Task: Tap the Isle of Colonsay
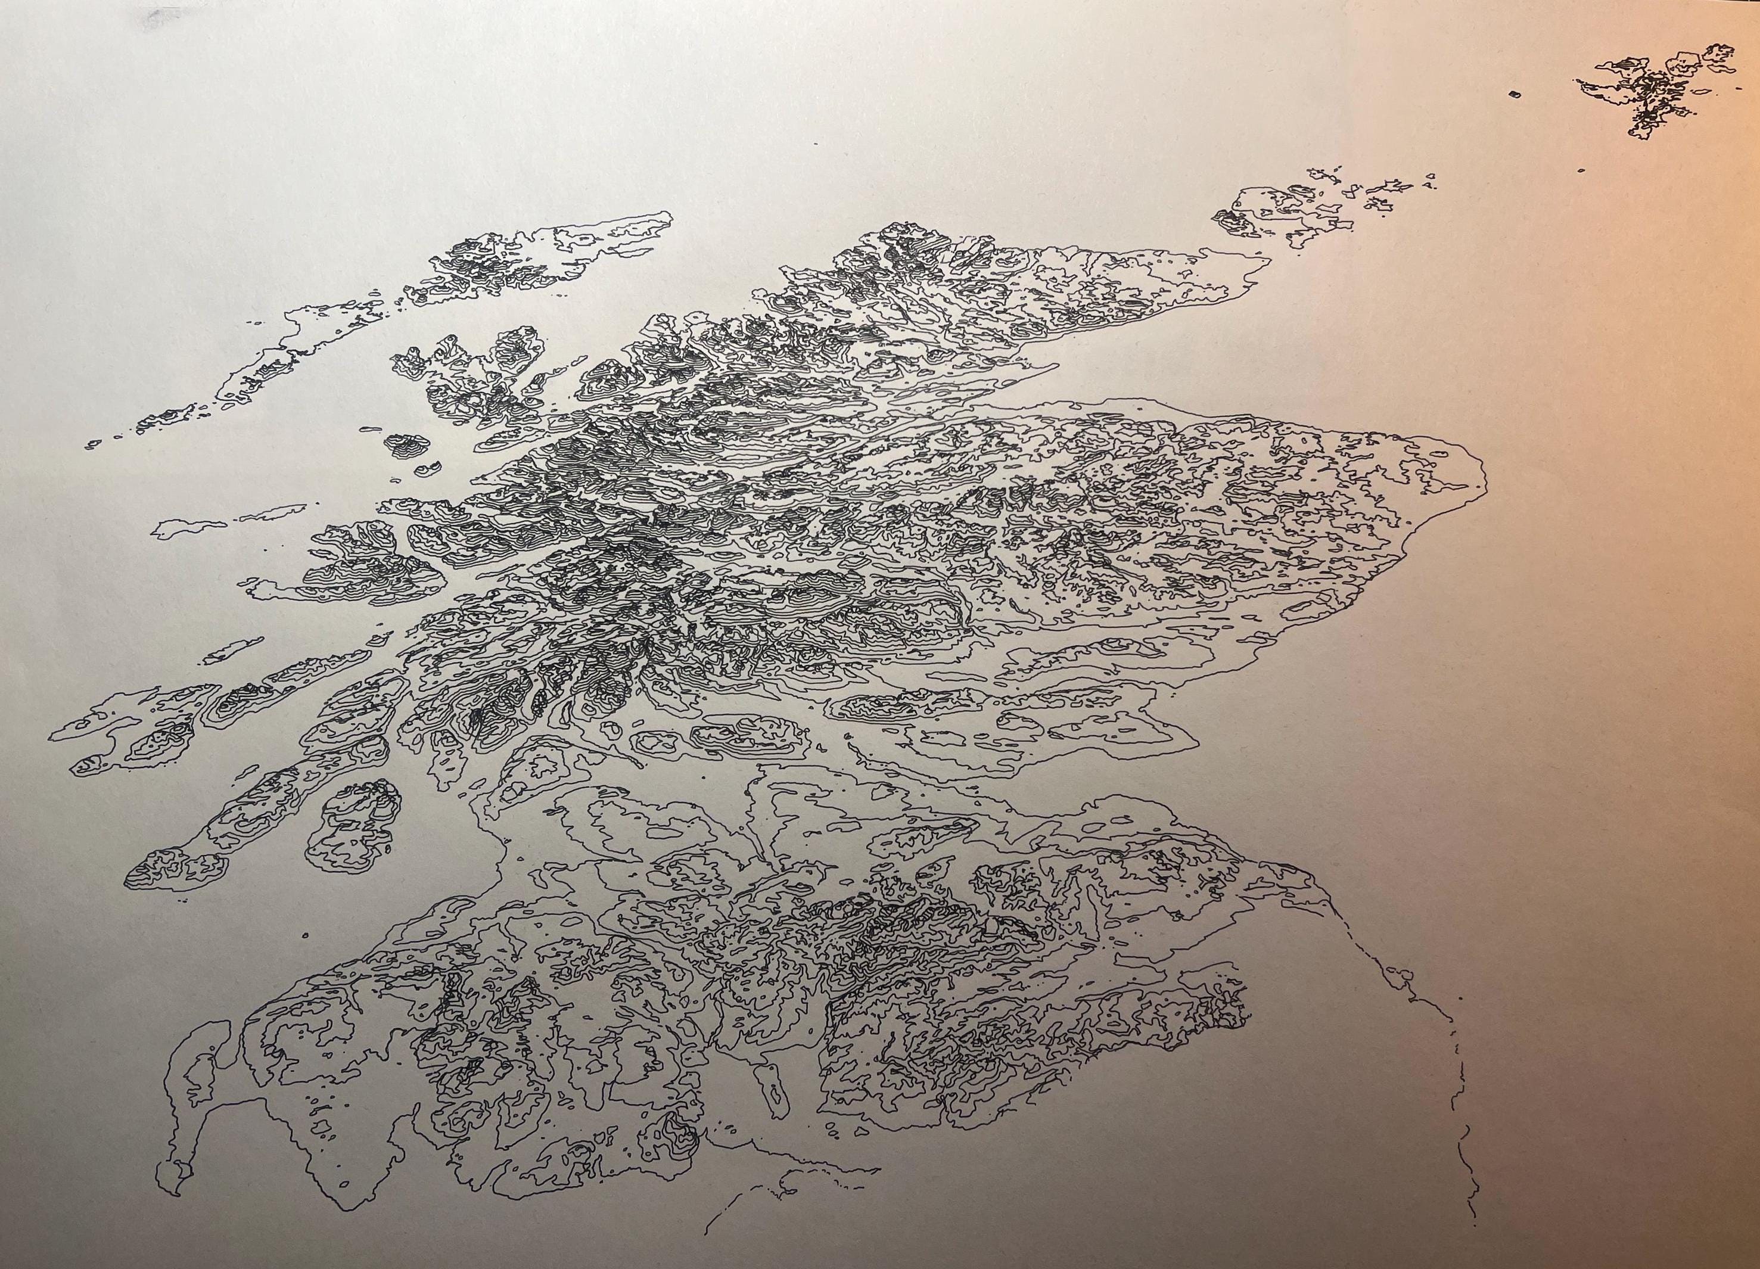pyautogui.click(x=231, y=647)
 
